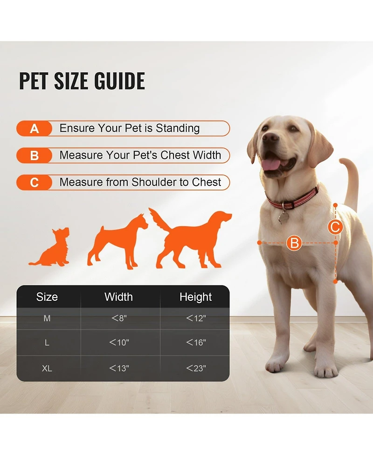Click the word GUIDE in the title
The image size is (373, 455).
119,81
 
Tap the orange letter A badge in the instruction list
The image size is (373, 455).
34,129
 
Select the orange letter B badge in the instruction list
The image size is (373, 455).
34,156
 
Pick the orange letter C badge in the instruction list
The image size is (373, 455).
34,183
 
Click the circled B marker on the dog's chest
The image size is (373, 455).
294,243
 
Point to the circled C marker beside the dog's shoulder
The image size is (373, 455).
335,227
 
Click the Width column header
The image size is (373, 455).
118,297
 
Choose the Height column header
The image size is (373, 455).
196,297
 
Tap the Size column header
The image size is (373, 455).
47,297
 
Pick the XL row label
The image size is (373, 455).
47,368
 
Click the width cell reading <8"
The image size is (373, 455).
119,319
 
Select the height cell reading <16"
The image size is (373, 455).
196,343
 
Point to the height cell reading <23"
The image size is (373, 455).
196,368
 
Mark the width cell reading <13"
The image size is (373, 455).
119,368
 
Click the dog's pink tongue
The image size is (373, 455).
270,163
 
